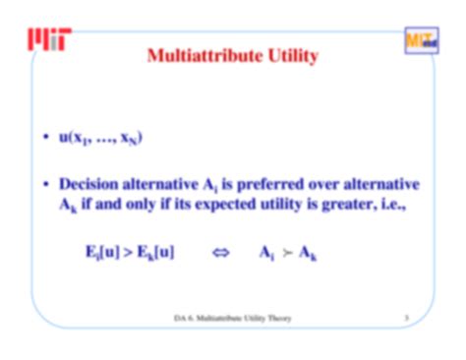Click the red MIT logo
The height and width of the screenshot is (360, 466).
49,38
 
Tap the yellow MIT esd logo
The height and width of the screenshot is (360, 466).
418,40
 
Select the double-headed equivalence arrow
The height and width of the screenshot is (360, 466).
220,252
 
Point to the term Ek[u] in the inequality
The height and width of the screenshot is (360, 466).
155,252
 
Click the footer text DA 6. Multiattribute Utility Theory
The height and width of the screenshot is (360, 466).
232,318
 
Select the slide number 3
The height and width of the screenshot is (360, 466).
406,318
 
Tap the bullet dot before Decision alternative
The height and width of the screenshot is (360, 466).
45,184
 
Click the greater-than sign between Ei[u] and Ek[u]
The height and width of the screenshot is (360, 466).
128,252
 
